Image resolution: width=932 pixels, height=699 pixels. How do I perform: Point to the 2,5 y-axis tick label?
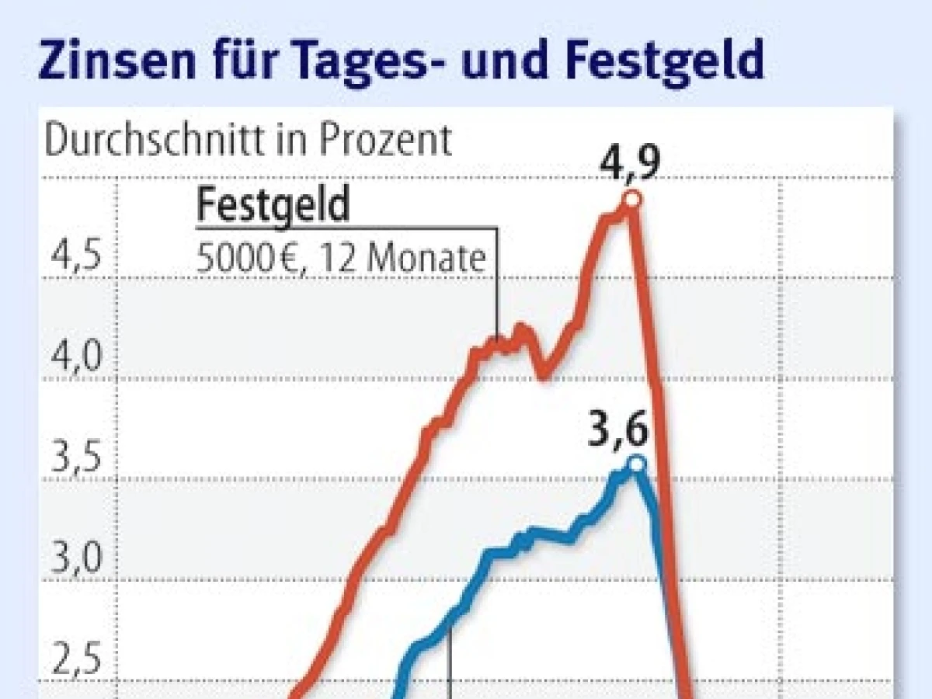75,660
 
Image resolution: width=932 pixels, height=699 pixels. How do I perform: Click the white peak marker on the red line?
632,200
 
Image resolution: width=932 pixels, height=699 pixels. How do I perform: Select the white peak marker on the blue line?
637,464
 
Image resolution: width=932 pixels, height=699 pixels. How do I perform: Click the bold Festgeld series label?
273,206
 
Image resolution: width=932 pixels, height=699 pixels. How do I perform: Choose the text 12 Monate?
425,258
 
